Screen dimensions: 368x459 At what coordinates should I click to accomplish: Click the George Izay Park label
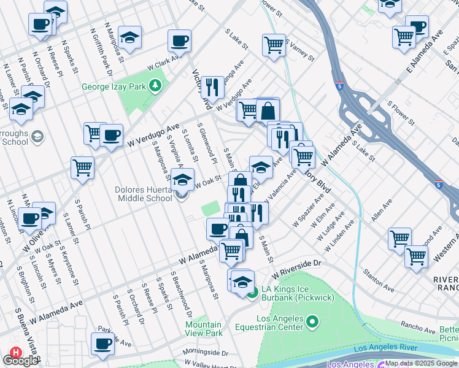tap(114, 86)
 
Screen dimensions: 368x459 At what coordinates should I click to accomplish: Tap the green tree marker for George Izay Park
tap(156, 86)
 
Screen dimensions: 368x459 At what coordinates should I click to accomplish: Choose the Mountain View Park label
tap(204, 329)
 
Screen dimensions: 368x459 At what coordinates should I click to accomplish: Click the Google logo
tap(21, 361)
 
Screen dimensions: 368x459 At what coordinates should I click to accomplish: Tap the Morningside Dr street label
tap(205, 353)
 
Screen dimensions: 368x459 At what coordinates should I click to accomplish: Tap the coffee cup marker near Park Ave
tap(103, 343)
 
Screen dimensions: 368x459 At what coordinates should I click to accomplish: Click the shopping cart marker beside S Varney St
tap(274, 44)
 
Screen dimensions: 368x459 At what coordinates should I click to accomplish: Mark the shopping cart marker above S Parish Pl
tap(82, 167)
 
